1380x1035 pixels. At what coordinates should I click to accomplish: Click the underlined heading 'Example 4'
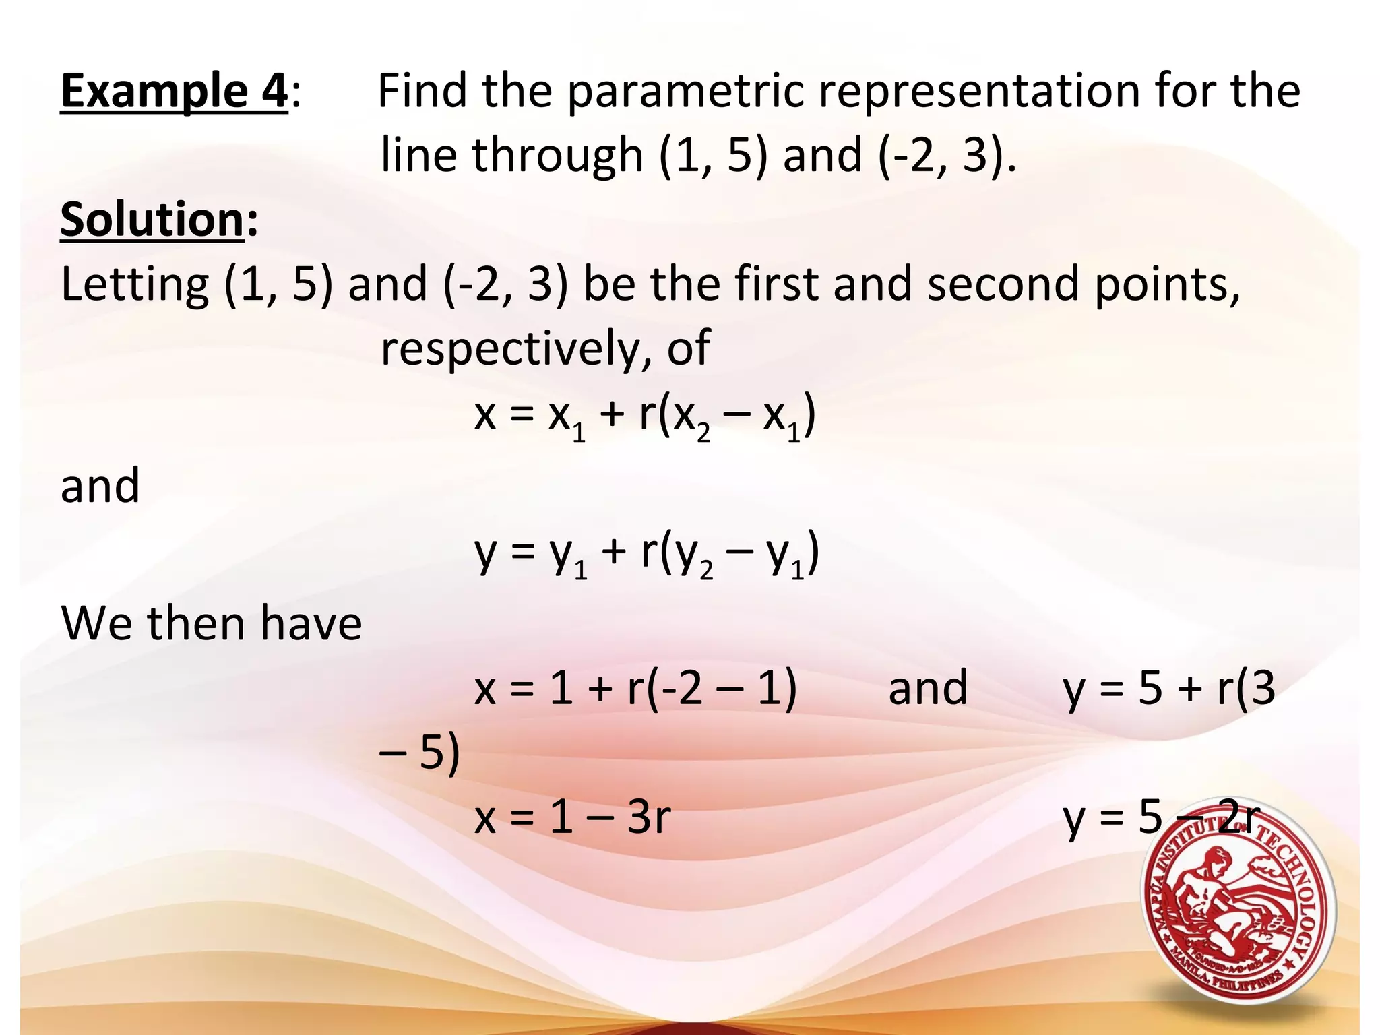[175, 91]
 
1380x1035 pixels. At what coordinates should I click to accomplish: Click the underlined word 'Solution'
[152, 220]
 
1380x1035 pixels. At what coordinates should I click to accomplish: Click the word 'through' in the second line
[557, 156]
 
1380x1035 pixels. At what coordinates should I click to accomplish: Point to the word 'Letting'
[135, 284]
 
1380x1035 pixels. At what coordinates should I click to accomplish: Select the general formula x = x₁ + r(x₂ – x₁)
[645, 416]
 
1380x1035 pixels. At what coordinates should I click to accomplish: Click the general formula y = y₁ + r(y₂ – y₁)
[647, 554]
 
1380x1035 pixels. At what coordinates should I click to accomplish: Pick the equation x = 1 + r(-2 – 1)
[635, 689]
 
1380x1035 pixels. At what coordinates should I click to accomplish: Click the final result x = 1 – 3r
[572, 817]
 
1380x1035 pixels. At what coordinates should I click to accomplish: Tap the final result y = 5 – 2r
[1160, 817]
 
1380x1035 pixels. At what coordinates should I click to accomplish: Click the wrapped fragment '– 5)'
[419, 753]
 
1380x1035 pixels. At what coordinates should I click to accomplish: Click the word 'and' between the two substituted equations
[928, 689]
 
